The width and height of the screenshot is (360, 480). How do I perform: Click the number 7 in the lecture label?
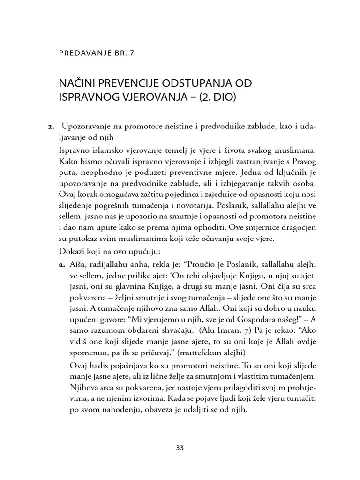tap(132, 53)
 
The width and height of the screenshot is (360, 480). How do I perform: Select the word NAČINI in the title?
tap(75, 84)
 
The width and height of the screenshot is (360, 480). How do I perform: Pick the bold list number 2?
tap(51, 127)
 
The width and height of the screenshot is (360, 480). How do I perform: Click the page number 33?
tap(180, 447)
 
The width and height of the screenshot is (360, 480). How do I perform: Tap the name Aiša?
tap(77, 265)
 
